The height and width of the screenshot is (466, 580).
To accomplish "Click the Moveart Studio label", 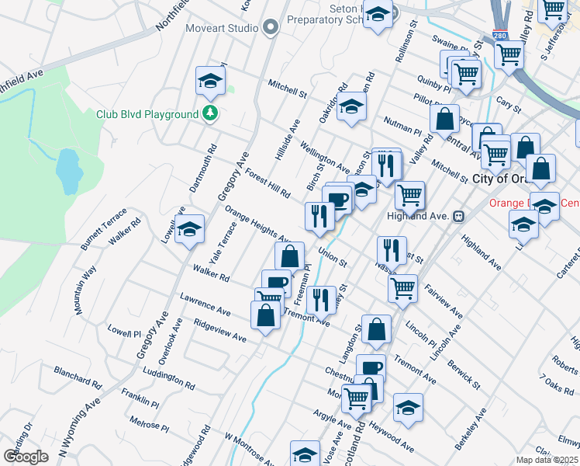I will pos(221,28).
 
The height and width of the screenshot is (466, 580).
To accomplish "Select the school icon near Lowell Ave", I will pos(189,229).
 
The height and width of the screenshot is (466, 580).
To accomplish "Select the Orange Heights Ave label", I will pos(257,224).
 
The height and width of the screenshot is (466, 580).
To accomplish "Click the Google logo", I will pos(26,456).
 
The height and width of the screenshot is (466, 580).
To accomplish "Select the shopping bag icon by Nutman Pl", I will pos(444,120).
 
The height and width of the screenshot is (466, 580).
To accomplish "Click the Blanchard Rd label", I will pos(78,378).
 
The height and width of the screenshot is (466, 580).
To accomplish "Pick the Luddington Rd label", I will pos(169,378).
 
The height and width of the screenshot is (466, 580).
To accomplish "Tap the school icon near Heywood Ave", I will pos(408,407).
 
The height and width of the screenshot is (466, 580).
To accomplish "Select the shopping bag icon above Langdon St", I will pos(376,329).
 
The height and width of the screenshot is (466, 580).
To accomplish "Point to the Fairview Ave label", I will pos(444,301).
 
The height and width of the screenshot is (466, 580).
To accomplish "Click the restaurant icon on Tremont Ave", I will pos(320,299).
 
